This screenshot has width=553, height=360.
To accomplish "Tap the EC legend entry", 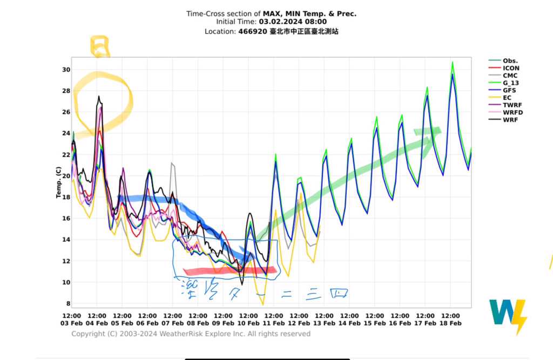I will [x=507, y=98].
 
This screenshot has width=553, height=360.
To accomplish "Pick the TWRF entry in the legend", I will [x=511, y=105].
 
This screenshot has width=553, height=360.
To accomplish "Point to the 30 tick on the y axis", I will [x=66, y=70].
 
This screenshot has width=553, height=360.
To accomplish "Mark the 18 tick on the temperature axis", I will [x=66, y=198].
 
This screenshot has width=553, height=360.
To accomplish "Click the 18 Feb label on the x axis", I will [x=450, y=323].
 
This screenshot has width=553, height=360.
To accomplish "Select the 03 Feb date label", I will [x=72, y=323].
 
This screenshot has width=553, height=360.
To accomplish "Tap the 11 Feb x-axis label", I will [x=274, y=323].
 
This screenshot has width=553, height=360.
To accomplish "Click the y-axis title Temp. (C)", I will [x=58, y=182].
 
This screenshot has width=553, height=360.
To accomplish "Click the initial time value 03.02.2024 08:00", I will [x=293, y=22].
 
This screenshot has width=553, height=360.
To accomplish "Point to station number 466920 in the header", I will [x=253, y=32].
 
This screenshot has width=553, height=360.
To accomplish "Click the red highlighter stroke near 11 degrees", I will [x=230, y=271].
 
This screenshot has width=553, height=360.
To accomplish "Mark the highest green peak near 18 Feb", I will [x=453, y=63].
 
